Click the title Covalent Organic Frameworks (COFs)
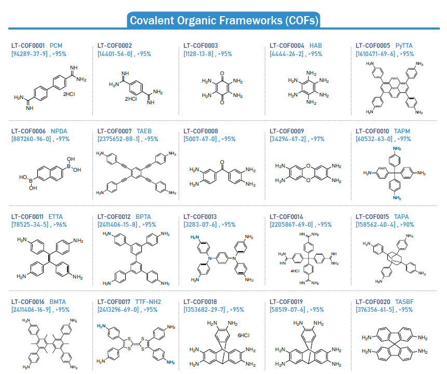pyautogui.click(x=224, y=21)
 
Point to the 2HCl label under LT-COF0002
pyautogui.click(x=131, y=98)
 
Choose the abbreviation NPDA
pyautogui.click(x=59, y=132)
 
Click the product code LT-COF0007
pyautogui.click(x=115, y=132)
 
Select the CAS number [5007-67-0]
pyautogui.click(x=200, y=140)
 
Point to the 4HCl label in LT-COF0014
pyautogui.click(x=295, y=271)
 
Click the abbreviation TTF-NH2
pyautogui.click(x=149, y=302)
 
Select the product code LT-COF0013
pyautogui.click(x=201, y=217)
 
